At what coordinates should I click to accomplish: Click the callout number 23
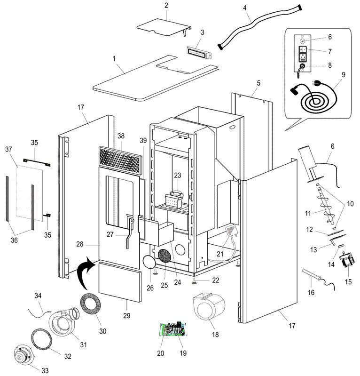coord(177,175)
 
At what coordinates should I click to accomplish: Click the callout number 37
coord(8,149)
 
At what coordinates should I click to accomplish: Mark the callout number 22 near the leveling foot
coord(215,280)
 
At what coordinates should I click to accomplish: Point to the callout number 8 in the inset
coord(329,66)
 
